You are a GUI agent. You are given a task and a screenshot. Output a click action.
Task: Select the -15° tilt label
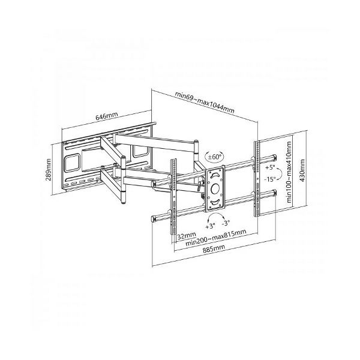(x=269, y=179)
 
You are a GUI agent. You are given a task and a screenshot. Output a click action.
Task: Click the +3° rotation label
(x=209, y=227)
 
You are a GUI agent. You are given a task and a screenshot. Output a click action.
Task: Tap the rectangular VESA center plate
(x=215, y=188)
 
